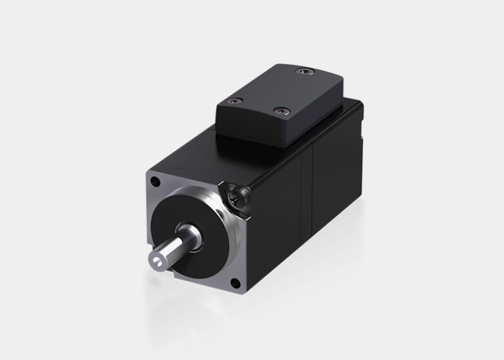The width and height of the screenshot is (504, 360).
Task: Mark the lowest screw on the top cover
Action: click(281, 112)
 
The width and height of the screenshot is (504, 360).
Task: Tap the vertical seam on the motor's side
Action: click(311, 187)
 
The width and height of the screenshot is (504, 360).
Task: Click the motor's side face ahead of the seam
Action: click(277, 209)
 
